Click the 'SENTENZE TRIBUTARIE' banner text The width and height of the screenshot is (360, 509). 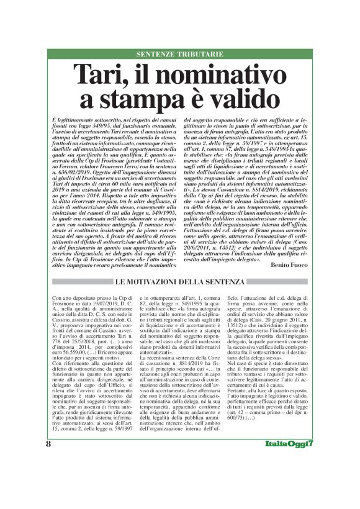pyautogui.click(x=179, y=54)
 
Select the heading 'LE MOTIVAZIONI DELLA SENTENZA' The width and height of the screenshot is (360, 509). pyautogui.click(x=179, y=282)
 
